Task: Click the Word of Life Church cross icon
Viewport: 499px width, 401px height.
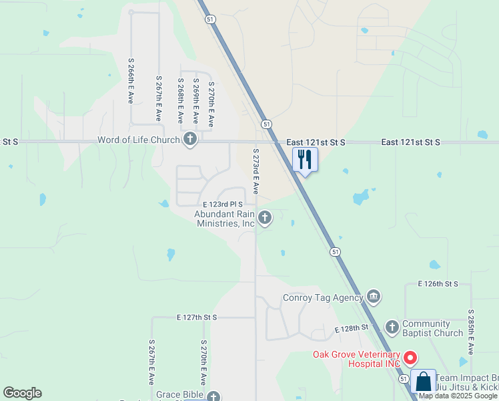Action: click(190, 140)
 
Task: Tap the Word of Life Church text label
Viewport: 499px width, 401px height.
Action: click(139, 140)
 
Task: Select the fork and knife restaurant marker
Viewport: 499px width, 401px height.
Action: click(305, 159)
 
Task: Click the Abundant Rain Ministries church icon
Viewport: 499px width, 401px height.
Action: click(265, 217)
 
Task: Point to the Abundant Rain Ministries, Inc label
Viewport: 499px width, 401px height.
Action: click(225, 219)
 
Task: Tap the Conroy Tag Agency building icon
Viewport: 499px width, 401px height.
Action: click(373, 297)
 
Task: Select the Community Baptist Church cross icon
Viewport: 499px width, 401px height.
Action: click(392, 327)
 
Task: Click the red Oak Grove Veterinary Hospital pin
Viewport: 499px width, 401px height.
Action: click(410, 358)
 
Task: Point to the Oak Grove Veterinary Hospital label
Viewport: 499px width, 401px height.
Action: click(358, 359)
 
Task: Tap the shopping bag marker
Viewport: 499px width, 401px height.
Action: click(423, 382)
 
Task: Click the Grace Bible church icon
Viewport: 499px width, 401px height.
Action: click(213, 397)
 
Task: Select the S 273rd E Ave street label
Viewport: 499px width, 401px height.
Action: click(255, 172)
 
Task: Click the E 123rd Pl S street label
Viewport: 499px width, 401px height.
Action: click(222, 203)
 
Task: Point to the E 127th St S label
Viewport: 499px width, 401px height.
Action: click(197, 317)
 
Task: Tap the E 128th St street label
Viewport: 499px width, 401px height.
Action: click(352, 328)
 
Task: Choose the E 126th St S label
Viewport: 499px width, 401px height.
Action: click(438, 284)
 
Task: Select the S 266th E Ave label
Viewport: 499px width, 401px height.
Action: click(131, 80)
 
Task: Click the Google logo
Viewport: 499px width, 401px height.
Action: click(22, 393)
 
